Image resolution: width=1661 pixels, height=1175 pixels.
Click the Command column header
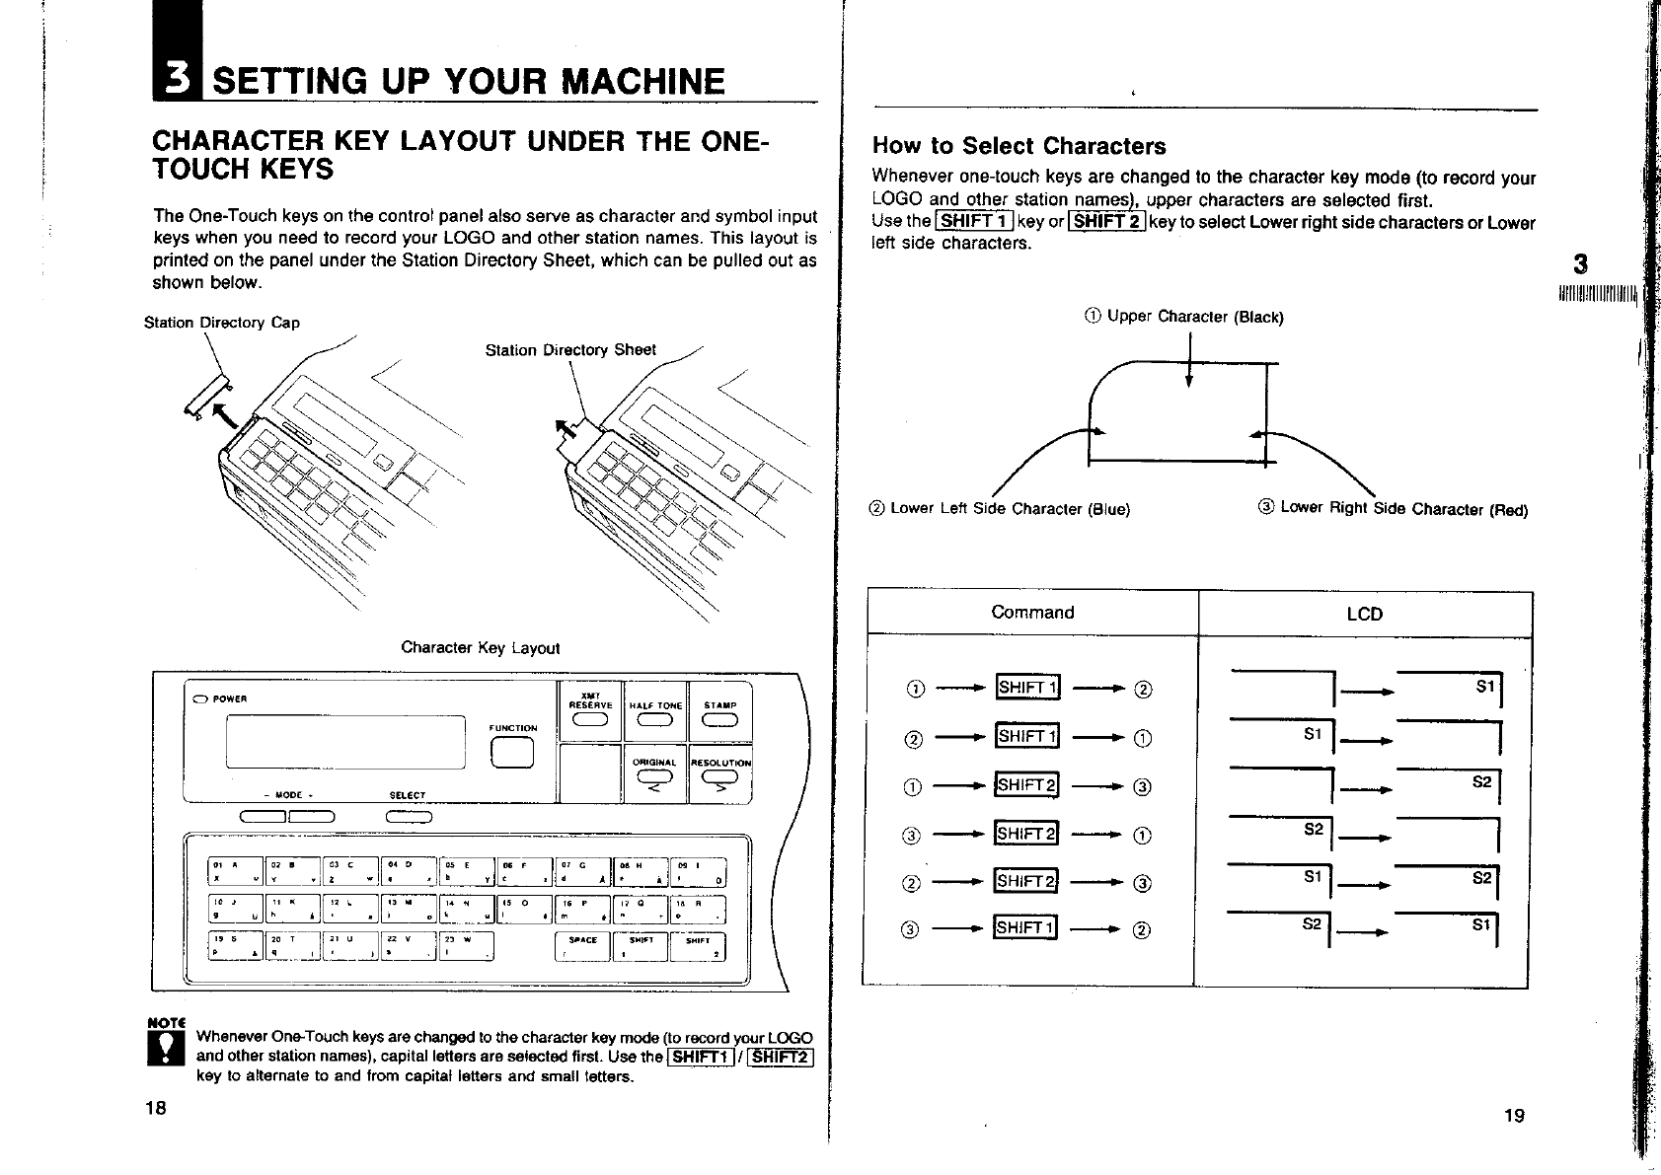click(x=1032, y=613)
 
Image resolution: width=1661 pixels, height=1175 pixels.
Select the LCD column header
click(x=1364, y=615)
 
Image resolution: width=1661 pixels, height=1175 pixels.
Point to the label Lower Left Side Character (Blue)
click(x=1000, y=509)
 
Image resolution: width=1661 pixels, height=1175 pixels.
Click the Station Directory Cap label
click(x=222, y=323)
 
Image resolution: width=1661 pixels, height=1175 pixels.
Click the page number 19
click(x=1514, y=1116)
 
